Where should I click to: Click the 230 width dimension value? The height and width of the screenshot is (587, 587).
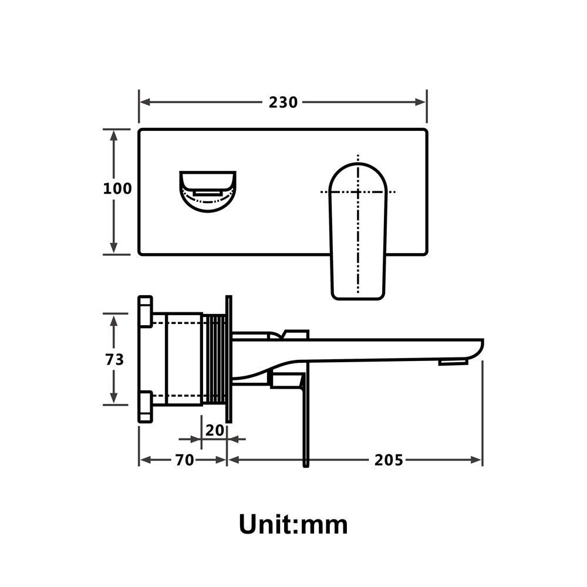tap(283, 102)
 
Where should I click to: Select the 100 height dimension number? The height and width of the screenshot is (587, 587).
tap(117, 189)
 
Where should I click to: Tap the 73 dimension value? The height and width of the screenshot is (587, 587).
tap(114, 359)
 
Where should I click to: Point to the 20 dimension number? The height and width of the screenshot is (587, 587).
tap(215, 430)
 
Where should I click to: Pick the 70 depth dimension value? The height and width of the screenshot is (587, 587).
tap(184, 460)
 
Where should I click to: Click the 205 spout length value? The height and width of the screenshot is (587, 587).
tap(389, 460)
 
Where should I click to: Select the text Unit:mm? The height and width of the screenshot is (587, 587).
tap(293, 524)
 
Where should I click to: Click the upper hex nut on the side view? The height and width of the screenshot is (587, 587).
tap(145, 311)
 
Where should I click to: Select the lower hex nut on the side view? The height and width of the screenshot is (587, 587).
tap(145, 406)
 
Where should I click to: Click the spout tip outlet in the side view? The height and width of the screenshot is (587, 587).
tap(453, 362)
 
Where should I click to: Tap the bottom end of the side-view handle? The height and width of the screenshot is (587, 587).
tap(305, 464)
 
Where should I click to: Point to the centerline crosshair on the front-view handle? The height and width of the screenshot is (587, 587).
tap(358, 192)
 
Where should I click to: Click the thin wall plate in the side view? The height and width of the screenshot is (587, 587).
tap(229, 359)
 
